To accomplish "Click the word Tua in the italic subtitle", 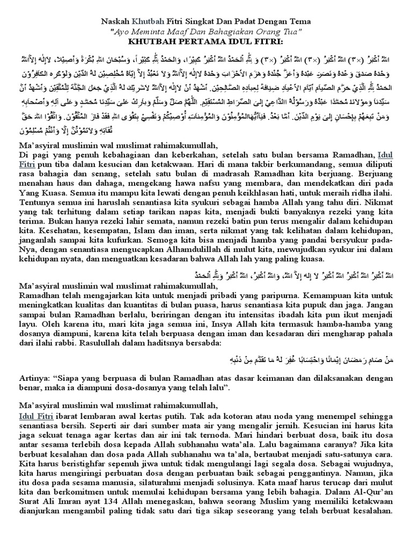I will tap(288, 31).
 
